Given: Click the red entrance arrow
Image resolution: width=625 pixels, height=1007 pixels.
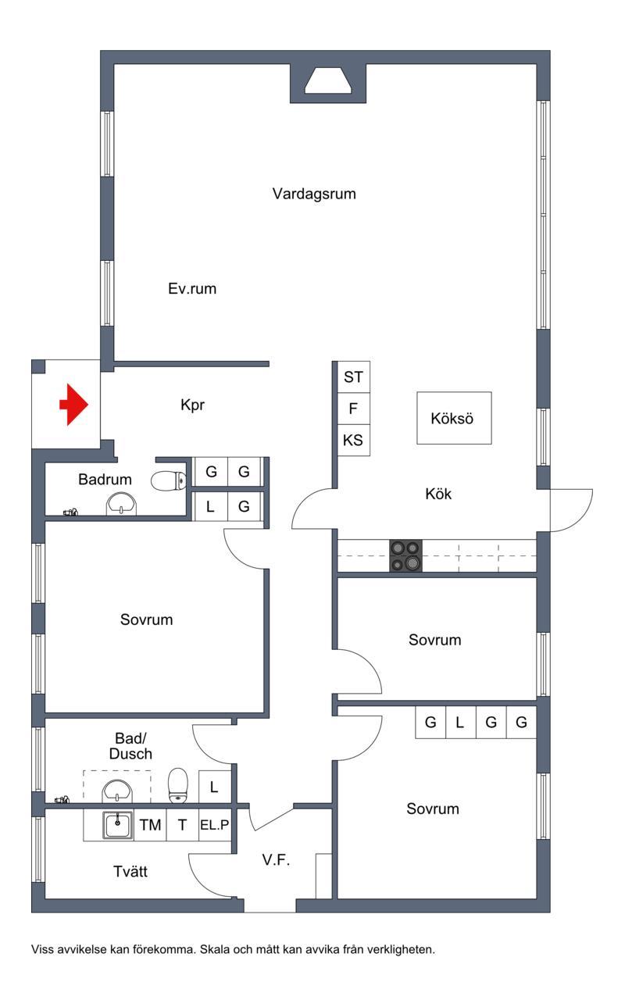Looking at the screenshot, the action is (x=74, y=404).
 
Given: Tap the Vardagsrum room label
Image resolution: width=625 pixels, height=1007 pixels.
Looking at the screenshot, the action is (x=314, y=194).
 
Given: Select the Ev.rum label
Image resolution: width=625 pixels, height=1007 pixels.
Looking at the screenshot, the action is (x=192, y=288).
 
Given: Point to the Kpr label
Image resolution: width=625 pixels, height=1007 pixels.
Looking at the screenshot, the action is (x=192, y=405).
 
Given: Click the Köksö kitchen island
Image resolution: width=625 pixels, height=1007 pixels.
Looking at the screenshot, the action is (x=454, y=418).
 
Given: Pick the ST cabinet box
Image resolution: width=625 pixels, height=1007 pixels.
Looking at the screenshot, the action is (x=353, y=377).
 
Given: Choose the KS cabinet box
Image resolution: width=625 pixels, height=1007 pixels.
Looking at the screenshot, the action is (x=353, y=440).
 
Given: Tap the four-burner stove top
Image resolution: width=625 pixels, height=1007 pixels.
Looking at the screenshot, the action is (x=405, y=555).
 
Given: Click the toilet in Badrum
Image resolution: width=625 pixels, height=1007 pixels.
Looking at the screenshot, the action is (x=168, y=481).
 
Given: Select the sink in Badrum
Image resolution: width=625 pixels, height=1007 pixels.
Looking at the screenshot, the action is (x=121, y=504).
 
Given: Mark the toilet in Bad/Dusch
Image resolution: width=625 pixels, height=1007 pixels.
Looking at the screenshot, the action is (x=178, y=785).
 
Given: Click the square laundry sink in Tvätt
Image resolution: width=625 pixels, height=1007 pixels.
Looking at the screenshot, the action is (x=117, y=825).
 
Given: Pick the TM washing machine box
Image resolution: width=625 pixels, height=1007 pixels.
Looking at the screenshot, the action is (x=150, y=824).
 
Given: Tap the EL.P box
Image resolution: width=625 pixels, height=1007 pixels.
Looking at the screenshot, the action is (x=215, y=824).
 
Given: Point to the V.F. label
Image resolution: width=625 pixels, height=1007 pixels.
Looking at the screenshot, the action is (x=276, y=860).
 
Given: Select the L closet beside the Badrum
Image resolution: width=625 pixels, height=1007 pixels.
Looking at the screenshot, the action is (x=210, y=507).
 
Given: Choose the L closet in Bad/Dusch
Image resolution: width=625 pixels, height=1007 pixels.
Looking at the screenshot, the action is (x=215, y=787).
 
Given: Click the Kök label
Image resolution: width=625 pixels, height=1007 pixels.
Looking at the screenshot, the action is (x=438, y=494).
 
